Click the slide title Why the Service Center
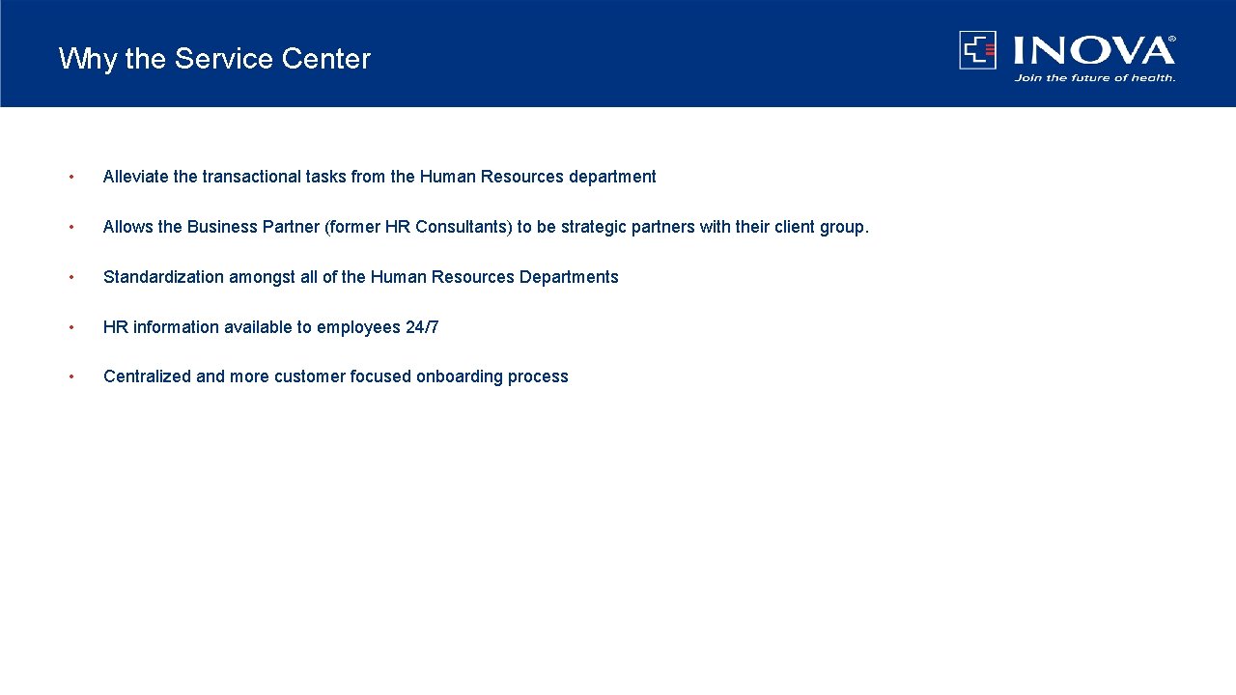214,59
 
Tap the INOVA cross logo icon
977,50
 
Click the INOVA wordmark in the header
1093,50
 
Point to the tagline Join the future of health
1094,78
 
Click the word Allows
127,227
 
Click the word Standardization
163,277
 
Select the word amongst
262,277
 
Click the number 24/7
422,327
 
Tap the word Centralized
147,376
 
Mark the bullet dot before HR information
70,327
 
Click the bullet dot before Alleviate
70,177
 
